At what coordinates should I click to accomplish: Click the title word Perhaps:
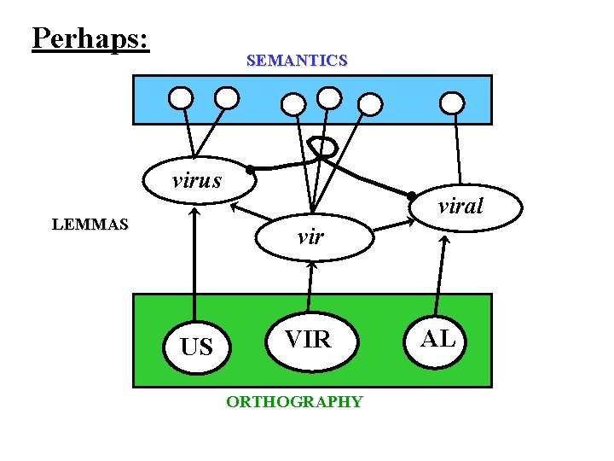coord(90,38)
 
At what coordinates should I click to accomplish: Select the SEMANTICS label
coord(296,61)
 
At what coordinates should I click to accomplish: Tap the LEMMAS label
coord(90,225)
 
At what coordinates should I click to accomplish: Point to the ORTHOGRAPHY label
coord(294,401)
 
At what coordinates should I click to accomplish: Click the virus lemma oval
coord(197,180)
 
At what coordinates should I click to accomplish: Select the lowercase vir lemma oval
coord(311,236)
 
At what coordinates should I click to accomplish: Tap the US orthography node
coord(197,347)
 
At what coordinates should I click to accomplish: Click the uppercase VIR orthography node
coord(308,339)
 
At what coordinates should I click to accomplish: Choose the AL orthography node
coord(439,338)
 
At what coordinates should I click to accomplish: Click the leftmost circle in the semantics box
coord(181,98)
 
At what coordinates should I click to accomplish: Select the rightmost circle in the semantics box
coord(452,102)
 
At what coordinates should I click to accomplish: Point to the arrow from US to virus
coord(195,265)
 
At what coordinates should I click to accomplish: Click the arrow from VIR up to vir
coord(310,286)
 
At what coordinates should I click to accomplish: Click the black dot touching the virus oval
coord(249,170)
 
